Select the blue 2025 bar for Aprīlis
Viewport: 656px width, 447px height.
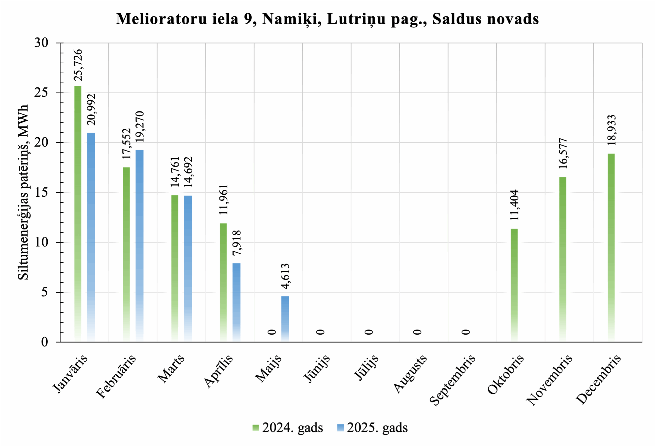pos(236,302)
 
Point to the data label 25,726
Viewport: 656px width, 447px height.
pos(78,65)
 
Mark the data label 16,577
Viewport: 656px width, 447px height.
pos(563,153)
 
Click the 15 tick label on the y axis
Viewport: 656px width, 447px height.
pos(41,193)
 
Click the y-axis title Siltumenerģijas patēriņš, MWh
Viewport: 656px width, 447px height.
pos(23,192)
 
